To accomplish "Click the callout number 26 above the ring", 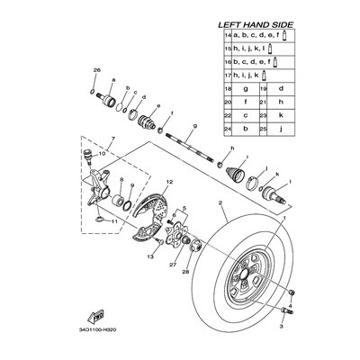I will pos(96,71).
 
